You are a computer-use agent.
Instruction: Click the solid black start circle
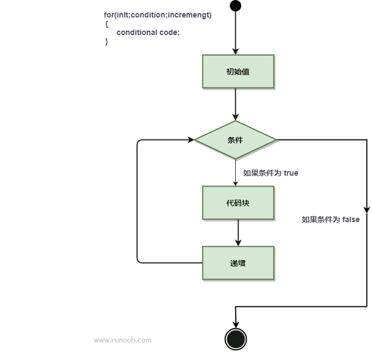235,6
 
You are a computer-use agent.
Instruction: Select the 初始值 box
238,71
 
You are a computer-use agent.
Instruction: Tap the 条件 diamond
236,140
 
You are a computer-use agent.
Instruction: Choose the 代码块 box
238,203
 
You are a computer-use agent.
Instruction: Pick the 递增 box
238,263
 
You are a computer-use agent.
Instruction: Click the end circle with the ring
236,338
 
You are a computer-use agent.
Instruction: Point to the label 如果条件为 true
271,173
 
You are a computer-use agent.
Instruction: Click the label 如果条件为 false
331,219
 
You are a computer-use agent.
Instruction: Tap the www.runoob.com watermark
123,340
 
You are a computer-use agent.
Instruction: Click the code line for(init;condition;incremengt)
158,15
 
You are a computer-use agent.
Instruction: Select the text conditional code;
148,32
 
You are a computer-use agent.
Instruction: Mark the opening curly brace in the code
107,24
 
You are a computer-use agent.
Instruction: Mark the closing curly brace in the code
107,42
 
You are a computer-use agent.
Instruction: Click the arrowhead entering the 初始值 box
235,51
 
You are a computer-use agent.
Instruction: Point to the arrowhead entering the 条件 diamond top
235,117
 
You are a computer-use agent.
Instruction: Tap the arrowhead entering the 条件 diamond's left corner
191,140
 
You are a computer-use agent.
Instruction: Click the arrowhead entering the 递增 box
238,243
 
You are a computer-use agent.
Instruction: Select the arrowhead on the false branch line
367,210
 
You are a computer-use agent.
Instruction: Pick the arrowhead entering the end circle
235,325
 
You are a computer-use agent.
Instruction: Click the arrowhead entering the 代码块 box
235,183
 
